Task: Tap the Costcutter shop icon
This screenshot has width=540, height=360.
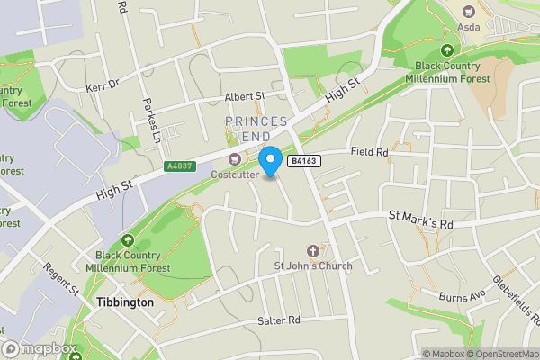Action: [236, 159]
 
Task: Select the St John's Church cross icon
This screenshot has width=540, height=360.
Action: [313, 250]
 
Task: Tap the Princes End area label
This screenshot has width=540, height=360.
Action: [256, 128]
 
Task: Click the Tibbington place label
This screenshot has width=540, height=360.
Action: [124, 303]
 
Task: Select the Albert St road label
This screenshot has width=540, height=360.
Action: [246, 95]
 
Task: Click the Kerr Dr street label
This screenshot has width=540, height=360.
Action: [103, 84]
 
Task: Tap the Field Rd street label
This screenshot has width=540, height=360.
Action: [369, 153]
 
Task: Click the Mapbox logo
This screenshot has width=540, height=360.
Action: [38, 349]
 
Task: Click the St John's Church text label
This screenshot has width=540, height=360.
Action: [313, 265]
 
